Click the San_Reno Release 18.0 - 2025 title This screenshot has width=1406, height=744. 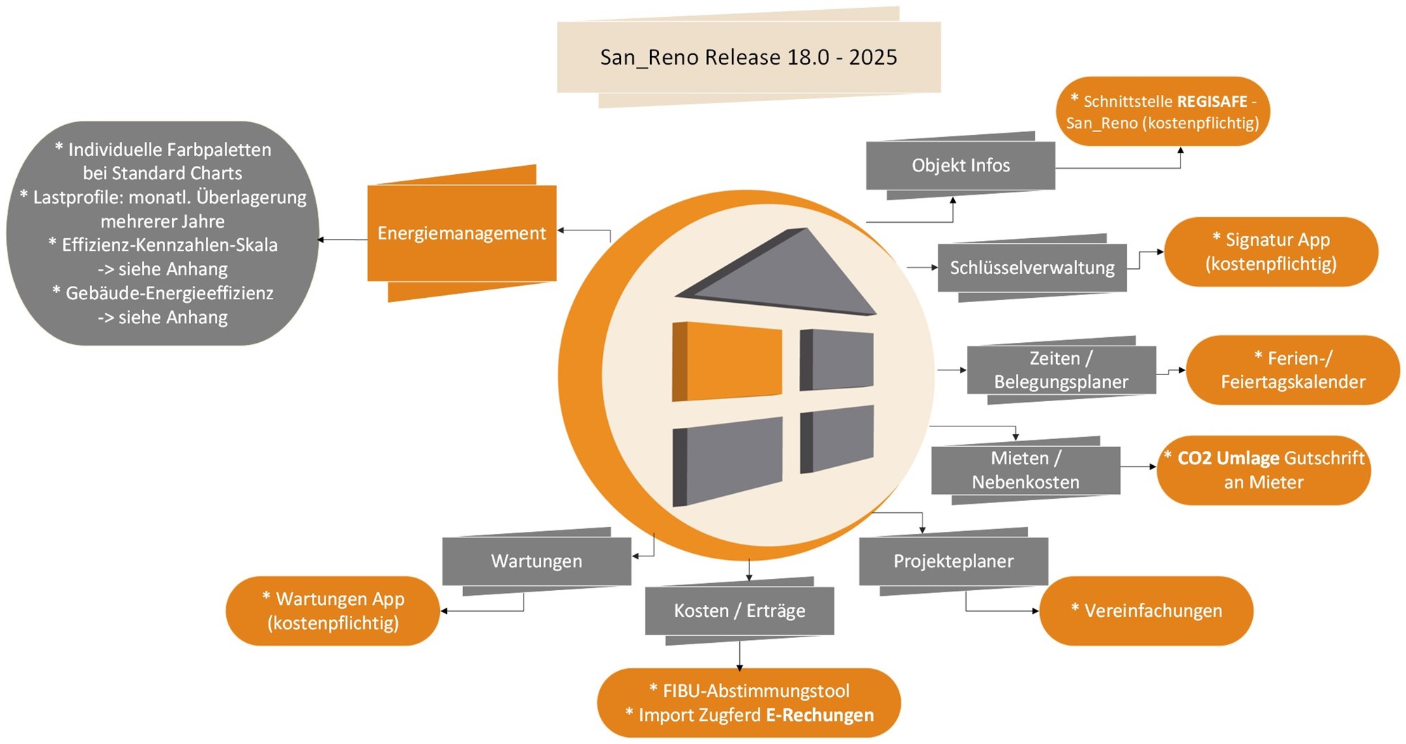tap(748, 57)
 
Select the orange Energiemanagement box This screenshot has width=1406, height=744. tap(462, 233)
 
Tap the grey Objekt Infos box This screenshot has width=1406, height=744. tap(961, 166)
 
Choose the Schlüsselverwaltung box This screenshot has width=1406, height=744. tap(1032, 268)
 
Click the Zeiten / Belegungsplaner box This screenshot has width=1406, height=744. tap(1061, 370)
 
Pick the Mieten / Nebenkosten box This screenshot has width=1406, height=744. tap(1026, 471)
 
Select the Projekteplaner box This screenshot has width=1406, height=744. tap(953, 561)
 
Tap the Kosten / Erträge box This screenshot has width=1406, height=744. tap(739, 611)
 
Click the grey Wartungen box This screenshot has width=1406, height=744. tap(536, 561)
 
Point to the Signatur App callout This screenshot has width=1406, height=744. tap(1271, 252)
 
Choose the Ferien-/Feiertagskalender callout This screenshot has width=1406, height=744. tap(1293, 370)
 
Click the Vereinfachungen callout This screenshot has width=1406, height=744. tap(1146, 611)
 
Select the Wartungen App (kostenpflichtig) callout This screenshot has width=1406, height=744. tap(333, 611)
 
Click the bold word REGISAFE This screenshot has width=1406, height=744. tap(1212, 102)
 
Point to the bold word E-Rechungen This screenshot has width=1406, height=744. tap(820, 715)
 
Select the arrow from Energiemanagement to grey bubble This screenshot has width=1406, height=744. tap(342, 240)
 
